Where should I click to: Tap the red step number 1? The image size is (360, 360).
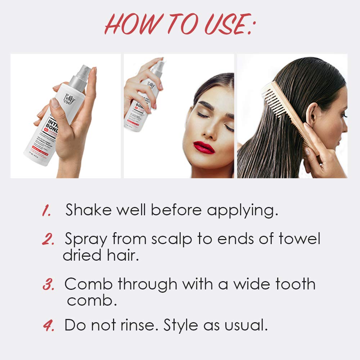(x=46, y=211)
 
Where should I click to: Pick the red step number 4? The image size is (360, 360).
(x=48, y=326)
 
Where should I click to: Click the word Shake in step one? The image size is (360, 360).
(x=87, y=210)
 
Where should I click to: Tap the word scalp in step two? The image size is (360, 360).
(x=172, y=239)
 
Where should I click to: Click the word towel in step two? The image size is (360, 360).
(x=299, y=239)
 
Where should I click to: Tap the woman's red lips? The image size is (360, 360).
(x=204, y=147)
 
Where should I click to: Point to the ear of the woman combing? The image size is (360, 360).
(x=312, y=114)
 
